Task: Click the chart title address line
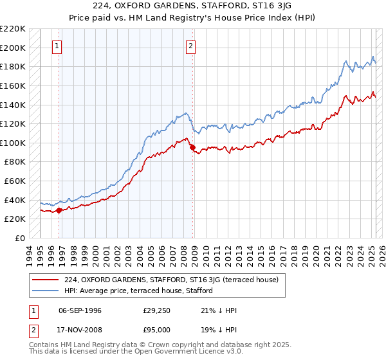192,7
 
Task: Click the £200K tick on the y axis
14,48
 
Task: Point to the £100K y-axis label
14,143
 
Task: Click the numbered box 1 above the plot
58,46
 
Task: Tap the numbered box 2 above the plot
192,46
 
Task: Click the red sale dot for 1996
59,210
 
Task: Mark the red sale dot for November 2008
192,147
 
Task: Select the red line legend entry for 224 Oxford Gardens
171,280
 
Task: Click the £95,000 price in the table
156,329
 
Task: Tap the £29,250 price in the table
156,310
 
